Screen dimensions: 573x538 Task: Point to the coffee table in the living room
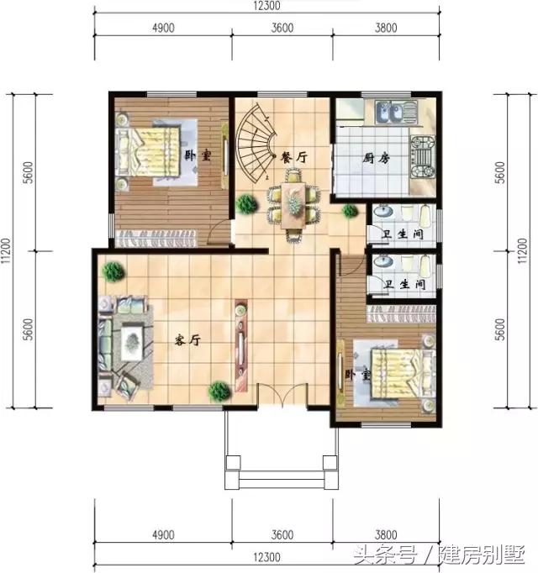coord(133,340)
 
